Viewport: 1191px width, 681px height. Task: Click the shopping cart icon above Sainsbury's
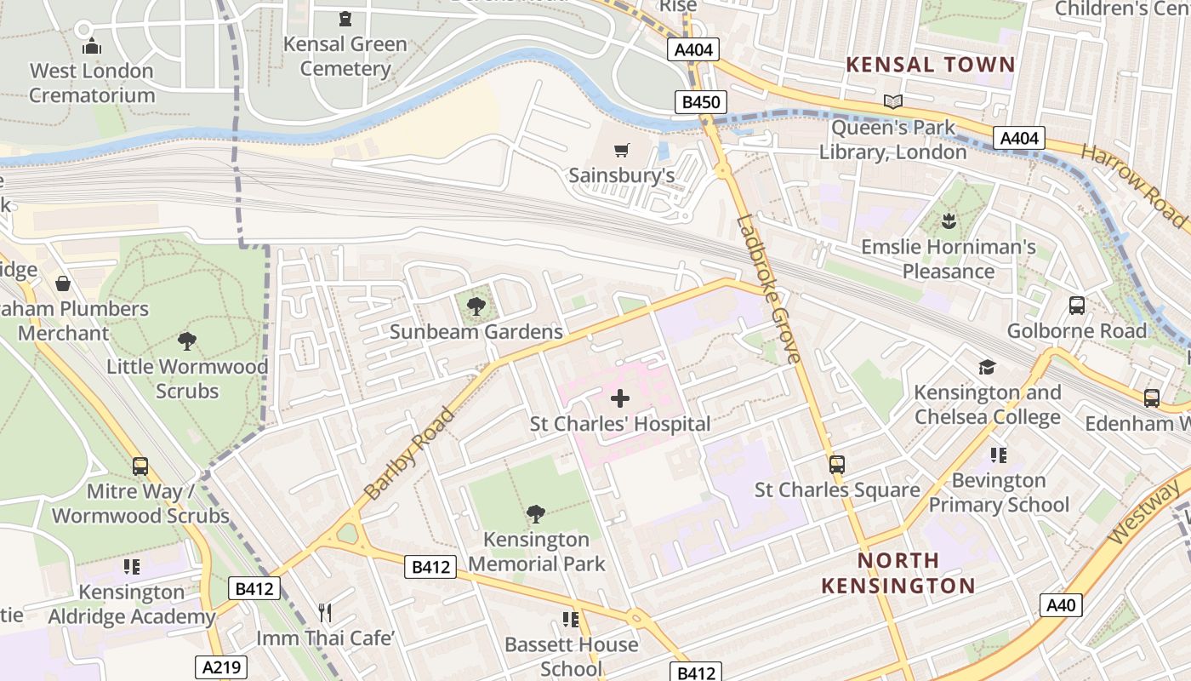click(621, 151)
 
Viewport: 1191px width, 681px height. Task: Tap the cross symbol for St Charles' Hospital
click(620, 398)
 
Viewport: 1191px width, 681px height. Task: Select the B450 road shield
click(702, 103)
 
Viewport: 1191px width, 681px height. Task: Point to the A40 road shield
click(1061, 605)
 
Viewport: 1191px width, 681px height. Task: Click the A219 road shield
click(220, 667)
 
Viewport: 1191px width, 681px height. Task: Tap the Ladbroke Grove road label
click(769, 289)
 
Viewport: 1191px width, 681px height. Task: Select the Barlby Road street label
click(409, 453)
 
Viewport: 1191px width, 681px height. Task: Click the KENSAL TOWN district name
click(931, 65)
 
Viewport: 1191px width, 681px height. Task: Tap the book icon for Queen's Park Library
click(892, 102)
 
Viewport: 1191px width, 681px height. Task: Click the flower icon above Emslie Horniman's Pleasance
click(948, 223)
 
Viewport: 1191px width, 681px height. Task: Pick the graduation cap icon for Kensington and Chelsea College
click(987, 367)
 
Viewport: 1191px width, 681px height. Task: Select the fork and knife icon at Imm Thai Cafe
click(324, 612)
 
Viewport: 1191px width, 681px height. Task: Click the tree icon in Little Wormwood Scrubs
click(186, 341)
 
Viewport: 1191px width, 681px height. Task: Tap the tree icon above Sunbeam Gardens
click(476, 306)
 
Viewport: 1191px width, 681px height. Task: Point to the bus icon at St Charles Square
click(837, 465)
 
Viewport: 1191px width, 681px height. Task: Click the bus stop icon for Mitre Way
click(140, 466)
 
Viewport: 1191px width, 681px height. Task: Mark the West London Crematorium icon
click(92, 47)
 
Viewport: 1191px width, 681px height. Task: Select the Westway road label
click(1144, 512)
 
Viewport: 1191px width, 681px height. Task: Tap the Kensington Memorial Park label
click(536, 551)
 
